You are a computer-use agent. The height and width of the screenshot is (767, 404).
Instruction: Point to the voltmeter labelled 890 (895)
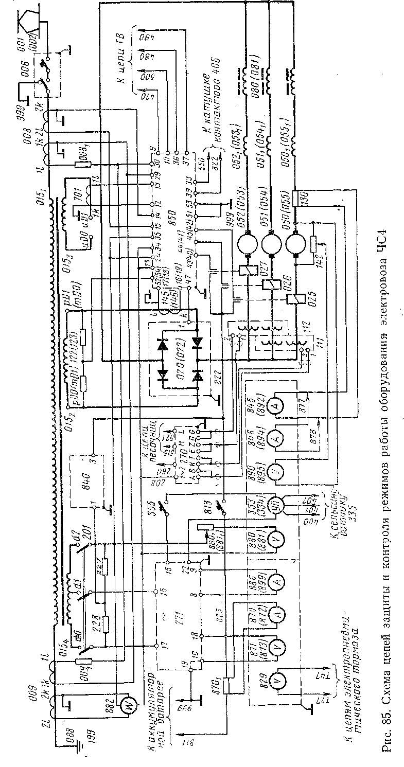pos(277,469)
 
